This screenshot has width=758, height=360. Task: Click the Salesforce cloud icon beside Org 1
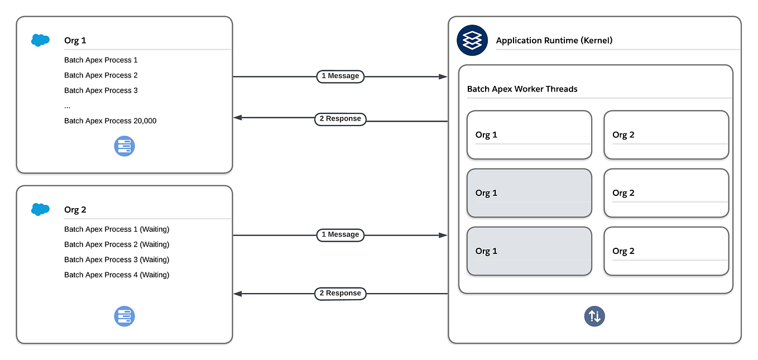click(x=40, y=40)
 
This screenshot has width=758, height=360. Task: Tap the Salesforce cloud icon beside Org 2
click(x=40, y=209)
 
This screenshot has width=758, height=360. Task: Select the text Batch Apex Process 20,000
click(x=110, y=121)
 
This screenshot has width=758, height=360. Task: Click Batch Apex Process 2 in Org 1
click(x=100, y=75)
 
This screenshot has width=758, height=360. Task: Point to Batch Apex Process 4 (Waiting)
click(x=116, y=275)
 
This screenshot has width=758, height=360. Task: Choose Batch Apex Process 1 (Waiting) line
click(x=116, y=229)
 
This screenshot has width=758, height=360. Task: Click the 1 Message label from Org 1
click(x=340, y=76)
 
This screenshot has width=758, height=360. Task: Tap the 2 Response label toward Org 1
click(x=340, y=118)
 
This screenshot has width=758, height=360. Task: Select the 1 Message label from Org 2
click(x=340, y=234)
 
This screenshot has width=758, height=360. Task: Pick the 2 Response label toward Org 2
click(x=340, y=293)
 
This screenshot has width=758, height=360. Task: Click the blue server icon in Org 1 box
click(x=124, y=147)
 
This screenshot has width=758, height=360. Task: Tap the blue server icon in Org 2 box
click(x=124, y=316)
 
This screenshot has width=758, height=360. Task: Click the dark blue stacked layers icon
click(x=472, y=40)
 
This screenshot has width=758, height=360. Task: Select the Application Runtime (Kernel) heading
click(x=554, y=41)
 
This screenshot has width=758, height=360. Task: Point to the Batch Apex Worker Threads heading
click(x=522, y=89)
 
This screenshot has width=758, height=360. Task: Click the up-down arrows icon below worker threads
click(x=594, y=316)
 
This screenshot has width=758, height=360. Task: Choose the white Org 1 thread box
click(x=529, y=135)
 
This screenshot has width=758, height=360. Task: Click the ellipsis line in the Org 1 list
click(x=67, y=106)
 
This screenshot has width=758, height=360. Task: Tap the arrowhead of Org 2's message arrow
click(x=443, y=236)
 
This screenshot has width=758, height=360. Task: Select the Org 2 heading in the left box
click(x=75, y=210)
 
